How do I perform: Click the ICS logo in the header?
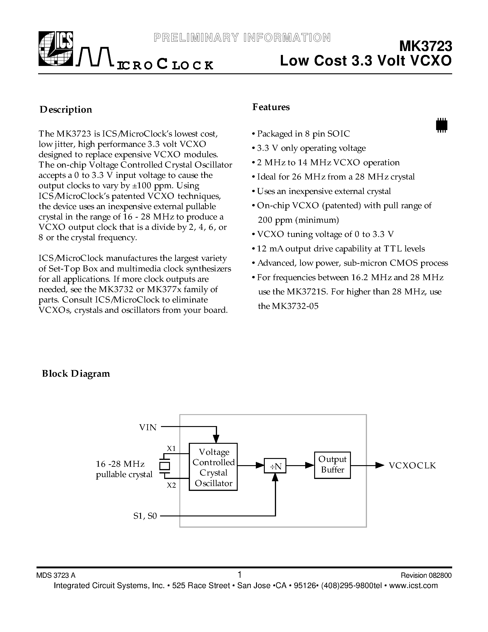pyautogui.click(x=56, y=49)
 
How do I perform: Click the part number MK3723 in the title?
pyautogui.click(x=425, y=46)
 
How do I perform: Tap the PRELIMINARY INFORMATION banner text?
pyautogui.click(x=242, y=38)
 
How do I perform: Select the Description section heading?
pyautogui.click(x=66, y=110)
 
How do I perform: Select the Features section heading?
pyautogui.click(x=271, y=107)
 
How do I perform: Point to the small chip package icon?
pyautogui.click(x=441, y=125)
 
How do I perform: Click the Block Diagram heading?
pyautogui.click(x=76, y=374)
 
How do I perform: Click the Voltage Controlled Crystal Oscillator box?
pyautogui.click(x=213, y=467)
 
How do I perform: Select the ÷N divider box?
pyautogui.click(x=275, y=466)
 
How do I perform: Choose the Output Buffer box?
pyautogui.click(x=333, y=465)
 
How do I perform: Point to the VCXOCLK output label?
pyautogui.click(x=412, y=465)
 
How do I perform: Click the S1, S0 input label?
pyautogui.click(x=145, y=516)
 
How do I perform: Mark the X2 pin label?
pyautogui.click(x=172, y=485)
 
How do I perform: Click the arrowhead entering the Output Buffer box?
pyautogui.click(x=310, y=465)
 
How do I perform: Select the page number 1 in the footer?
pyautogui.click(x=239, y=574)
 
